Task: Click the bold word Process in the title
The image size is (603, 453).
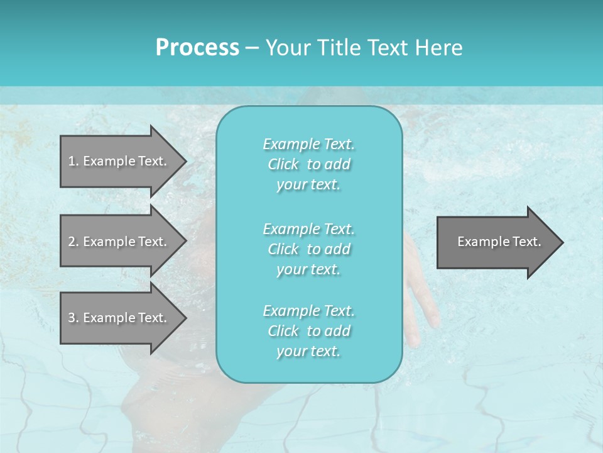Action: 197,48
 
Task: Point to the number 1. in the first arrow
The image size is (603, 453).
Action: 73,161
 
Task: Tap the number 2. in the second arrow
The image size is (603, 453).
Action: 73,242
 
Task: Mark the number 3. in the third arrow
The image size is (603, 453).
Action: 73,318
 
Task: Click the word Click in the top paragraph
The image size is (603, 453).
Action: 283,164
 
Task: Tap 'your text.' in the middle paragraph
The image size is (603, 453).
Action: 308,269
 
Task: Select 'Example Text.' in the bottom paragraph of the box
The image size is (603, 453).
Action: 308,311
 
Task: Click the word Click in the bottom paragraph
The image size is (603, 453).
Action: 283,331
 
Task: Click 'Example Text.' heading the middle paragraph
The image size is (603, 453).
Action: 308,229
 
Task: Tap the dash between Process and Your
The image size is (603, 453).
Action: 252,48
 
